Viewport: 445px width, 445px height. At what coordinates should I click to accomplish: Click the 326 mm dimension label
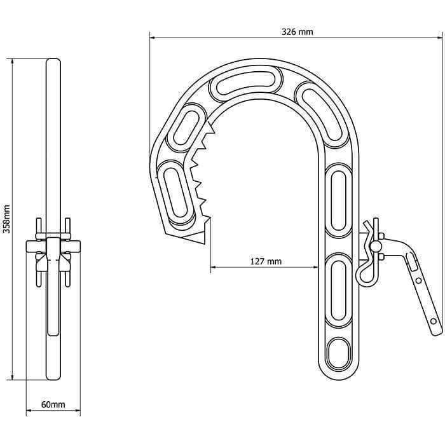tap(297, 31)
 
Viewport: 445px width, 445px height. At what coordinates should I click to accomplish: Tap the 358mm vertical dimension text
tap(6, 219)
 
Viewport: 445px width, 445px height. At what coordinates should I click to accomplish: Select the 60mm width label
tap(53, 404)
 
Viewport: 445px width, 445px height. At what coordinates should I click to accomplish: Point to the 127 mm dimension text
tap(266, 261)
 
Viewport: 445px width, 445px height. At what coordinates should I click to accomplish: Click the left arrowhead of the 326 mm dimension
tap(153, 38)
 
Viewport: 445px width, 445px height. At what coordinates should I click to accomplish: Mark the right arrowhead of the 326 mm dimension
tap(441, 38)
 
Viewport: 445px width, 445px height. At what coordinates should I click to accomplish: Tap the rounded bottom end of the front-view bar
tap(53, 378)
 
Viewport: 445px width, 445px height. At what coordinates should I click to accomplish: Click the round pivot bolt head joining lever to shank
tap(376, 245)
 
